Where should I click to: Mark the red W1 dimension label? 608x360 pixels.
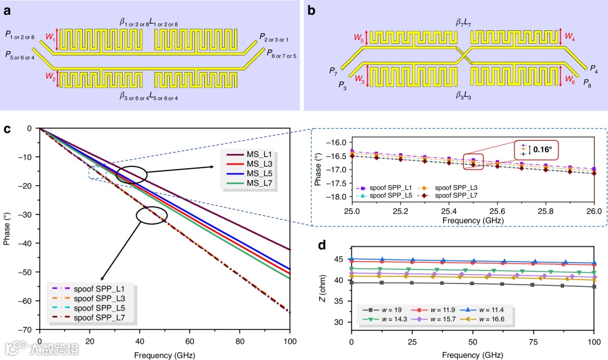(49, 39)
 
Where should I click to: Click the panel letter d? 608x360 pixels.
(322, 246)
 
